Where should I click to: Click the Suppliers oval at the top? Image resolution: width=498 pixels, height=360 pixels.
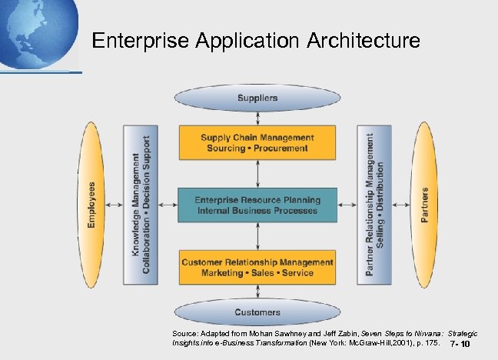pos(257,98)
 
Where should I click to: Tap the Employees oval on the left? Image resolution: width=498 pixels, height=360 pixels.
pos(91,204)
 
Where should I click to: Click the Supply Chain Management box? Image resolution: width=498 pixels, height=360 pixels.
pos(257,143)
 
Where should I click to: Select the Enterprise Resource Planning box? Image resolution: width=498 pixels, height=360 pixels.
pos(257,205)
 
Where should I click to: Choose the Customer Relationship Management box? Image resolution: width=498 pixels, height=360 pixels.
pos(257,267)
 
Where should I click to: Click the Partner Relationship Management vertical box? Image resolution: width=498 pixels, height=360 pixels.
pos(374,204)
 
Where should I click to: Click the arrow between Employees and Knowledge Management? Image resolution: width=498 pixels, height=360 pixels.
pos(115,205)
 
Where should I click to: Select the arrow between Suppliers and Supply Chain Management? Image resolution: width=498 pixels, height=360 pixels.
pos(257,117)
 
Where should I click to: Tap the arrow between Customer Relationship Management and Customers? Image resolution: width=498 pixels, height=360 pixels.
pos(257,292)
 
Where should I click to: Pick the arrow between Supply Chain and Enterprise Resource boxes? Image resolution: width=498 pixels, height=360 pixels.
pos(257,174)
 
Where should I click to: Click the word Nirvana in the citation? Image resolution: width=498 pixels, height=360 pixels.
pos(423,332)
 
